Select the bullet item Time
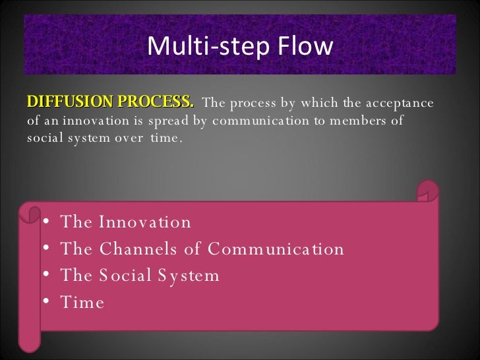(x=82, y=303)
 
